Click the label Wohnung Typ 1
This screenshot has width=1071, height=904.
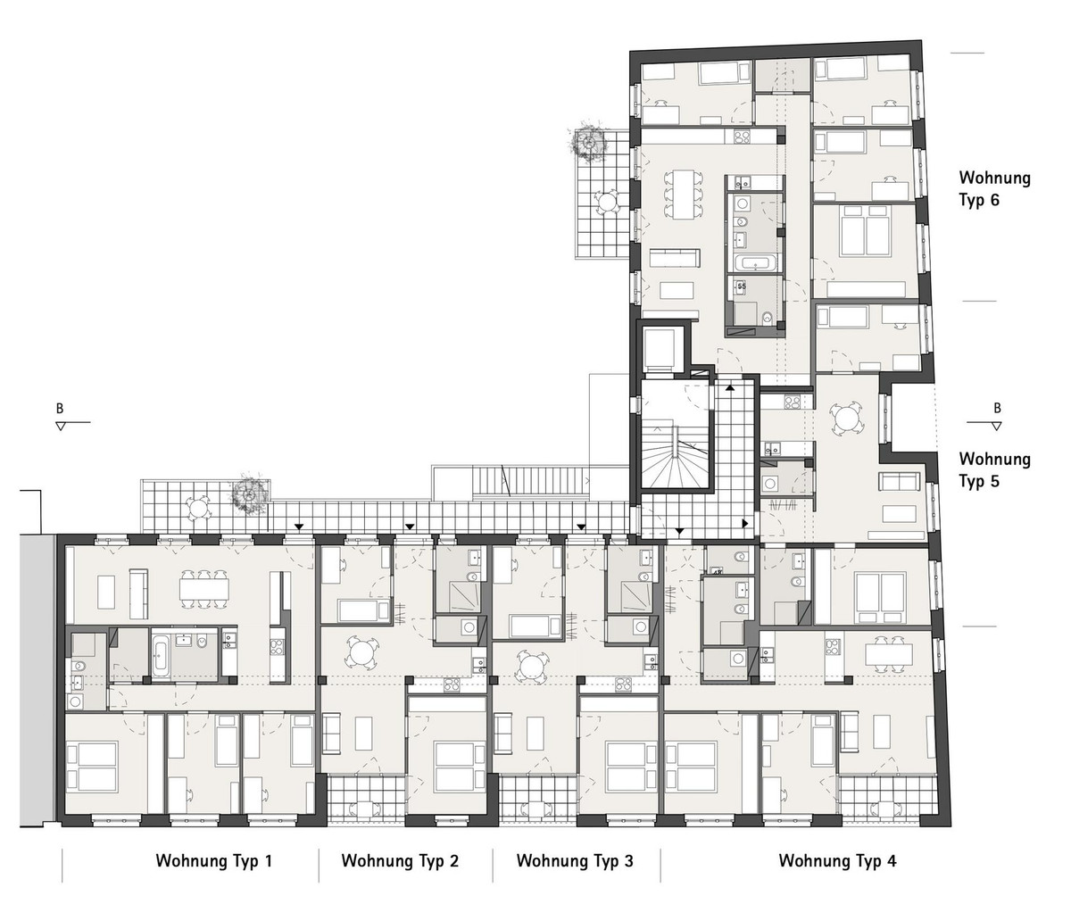(214, 860)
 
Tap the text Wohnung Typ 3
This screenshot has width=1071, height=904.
(575, 860)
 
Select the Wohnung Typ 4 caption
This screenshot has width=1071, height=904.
(838, 860)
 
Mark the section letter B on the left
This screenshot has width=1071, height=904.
(60, 409)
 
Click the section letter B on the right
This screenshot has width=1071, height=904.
(997, 408)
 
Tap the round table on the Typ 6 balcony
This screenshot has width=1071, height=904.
(608, 201)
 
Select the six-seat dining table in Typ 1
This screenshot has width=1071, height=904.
(203, 590)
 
